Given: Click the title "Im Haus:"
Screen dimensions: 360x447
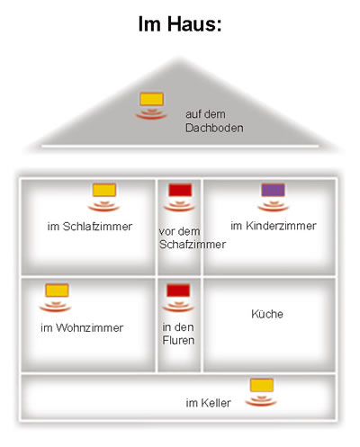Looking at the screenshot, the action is click(180, 24).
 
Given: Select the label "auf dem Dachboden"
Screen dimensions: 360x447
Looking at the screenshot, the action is click(214, 121).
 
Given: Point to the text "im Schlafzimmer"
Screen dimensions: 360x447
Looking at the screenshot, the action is click(90, 227).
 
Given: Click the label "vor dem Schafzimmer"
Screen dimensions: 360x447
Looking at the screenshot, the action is click(193, 237).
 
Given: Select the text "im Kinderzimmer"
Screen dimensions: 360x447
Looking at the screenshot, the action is click(274, 226).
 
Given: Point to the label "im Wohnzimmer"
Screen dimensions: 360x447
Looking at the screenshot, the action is click(82, 327).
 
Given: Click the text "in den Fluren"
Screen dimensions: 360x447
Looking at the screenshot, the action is click(178, 334).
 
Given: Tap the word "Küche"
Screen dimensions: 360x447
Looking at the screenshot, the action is click(267, 314).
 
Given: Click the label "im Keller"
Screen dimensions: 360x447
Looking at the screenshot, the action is click(208, 403).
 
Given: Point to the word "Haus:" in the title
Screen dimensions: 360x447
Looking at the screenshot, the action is click(194, 24).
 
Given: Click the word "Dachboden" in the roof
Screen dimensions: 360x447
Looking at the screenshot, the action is click(214, 128).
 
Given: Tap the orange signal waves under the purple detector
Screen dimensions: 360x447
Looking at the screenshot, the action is click(273, 205).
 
